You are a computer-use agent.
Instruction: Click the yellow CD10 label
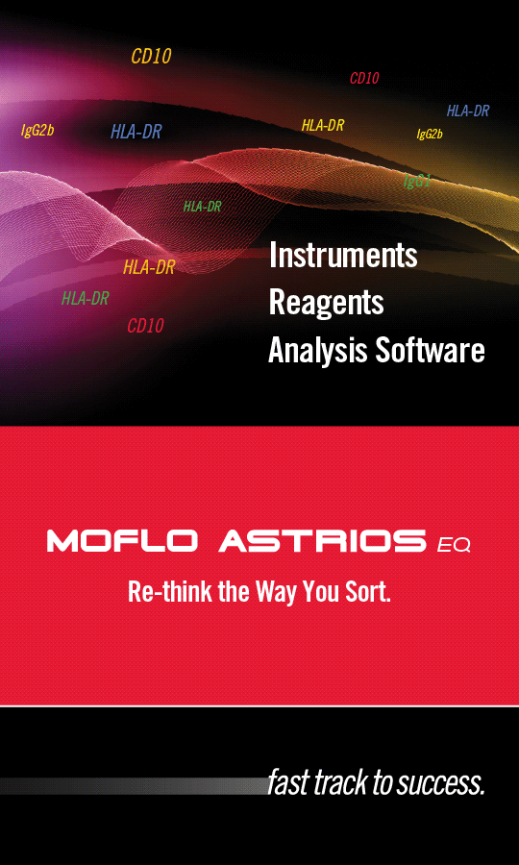tap(151, 57)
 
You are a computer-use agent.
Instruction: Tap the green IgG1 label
tap(417, 181)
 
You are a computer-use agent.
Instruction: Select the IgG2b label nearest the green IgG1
tap(430, 134)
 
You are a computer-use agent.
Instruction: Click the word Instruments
tap(343, 256)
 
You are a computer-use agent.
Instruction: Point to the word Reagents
tap(326, 303)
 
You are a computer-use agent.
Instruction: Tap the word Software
tap(431, 350)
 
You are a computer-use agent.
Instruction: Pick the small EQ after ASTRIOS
tap(454, 546)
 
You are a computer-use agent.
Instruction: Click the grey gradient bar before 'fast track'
tap(133, 786)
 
